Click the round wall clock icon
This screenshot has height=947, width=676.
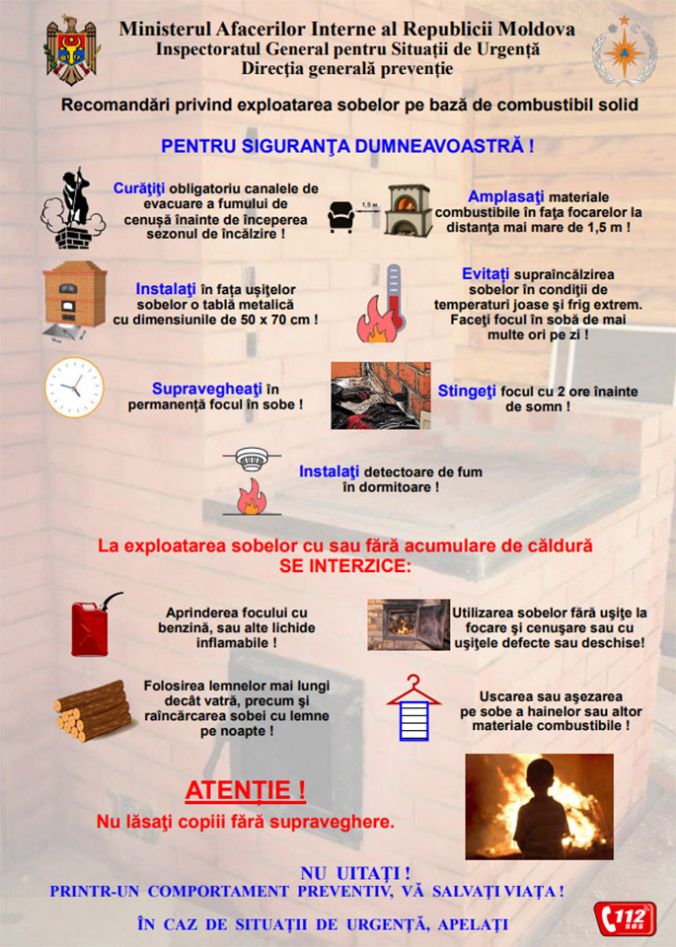point(73,388)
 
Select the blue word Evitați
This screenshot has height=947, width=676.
point(487,273)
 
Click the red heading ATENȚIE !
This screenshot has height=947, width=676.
point(245,791)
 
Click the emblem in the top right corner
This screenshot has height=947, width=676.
point(623,50)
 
